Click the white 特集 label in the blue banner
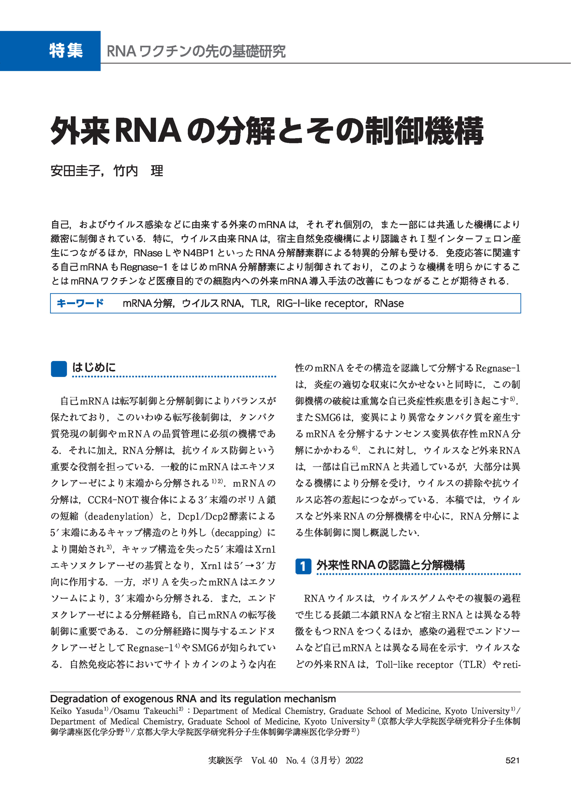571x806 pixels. (66, 51)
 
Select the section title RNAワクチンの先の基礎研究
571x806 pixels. (196, 51)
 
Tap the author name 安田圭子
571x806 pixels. (75, 171)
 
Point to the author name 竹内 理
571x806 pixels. (138, 171)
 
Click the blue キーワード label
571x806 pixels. (80, 303)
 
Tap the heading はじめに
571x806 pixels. (94, 367)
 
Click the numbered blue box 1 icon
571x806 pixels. (303, 566)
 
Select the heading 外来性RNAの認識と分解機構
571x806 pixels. (390, 565)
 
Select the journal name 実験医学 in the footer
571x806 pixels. (225, 760)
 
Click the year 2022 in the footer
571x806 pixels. (354, 760)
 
